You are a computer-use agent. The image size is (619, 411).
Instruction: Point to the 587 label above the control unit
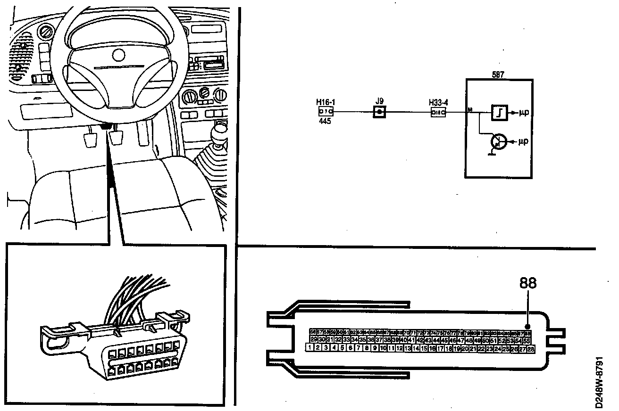(499, 74)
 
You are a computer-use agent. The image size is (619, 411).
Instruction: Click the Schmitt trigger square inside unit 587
(499, 113)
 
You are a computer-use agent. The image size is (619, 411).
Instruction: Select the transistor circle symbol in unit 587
(498, 141)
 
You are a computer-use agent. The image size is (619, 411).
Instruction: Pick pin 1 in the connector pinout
(309, 348)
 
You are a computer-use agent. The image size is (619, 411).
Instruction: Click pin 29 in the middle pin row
(314, 340)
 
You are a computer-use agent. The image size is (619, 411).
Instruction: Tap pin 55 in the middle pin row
(527, 340)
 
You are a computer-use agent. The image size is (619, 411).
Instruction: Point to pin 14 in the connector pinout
(416, 349)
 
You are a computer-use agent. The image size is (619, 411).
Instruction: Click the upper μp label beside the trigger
(523, 113)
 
